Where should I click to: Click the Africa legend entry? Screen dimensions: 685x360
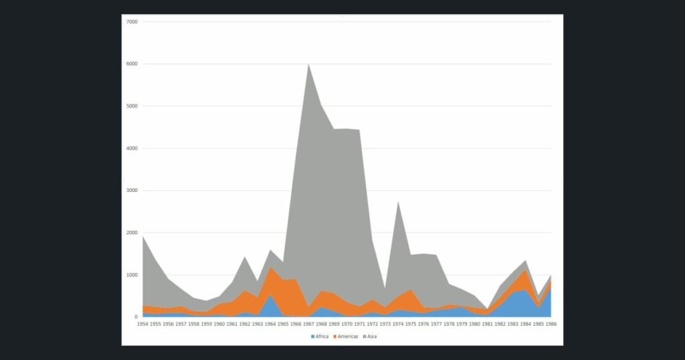point(320,337)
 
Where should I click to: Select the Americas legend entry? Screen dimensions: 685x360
point(346,337)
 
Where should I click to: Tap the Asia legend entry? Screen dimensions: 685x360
point(369,337)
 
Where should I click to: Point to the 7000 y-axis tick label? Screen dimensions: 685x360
point(132,22)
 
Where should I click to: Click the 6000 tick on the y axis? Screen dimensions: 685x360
point(132,64)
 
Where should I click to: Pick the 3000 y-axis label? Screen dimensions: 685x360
point(132,191)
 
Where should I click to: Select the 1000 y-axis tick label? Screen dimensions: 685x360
point(132,275)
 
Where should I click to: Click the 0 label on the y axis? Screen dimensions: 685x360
point(136,317)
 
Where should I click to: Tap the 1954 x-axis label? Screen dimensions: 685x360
point(142,324)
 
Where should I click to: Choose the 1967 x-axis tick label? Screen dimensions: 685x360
point(308,324)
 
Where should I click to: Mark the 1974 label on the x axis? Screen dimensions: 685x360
point(398,324)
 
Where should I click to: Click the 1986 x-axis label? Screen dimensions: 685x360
point(551,324)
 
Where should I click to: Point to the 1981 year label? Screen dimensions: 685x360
point(487,324)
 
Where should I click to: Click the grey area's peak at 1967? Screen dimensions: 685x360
point(309,65)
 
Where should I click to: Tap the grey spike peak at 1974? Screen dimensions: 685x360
point(398,202)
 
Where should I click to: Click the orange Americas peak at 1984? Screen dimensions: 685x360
point(526,270)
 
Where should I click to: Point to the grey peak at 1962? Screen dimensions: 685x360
point(245,258)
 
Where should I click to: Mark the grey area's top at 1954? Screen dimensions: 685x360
point(143,237)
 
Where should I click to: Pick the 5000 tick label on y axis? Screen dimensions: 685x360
point(132,106)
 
